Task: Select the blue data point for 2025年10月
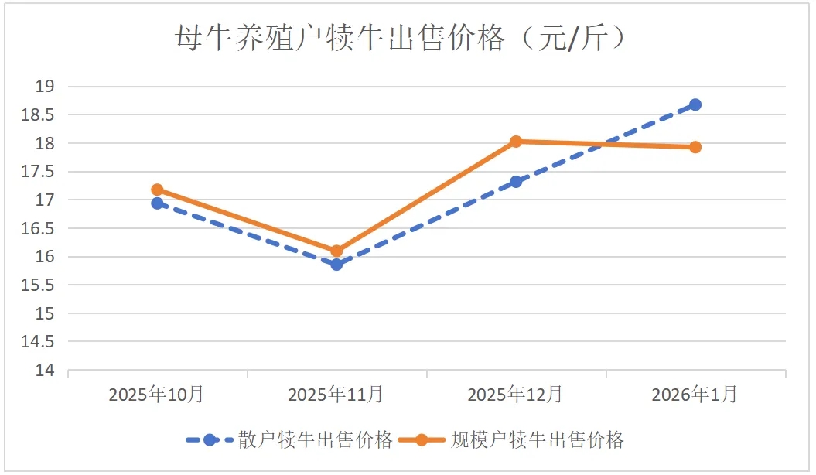(x=157, y=203)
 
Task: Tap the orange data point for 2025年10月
(x=157, y=190)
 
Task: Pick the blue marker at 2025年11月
(x=336, y=265)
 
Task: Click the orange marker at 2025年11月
(x=336, y=251)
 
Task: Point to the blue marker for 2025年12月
(x=516, y=182)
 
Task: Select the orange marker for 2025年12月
(x=516, y=142)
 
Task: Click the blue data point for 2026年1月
(x=695, y=104)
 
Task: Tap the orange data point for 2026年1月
(x=695, y=147)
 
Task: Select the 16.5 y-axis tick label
(x=39, y=228)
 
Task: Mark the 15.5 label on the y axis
(x=39, y=285)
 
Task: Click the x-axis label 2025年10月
(x=157, y=395)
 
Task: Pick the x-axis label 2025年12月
(x=516, y=395)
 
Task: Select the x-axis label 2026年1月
(x=695, y=395)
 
